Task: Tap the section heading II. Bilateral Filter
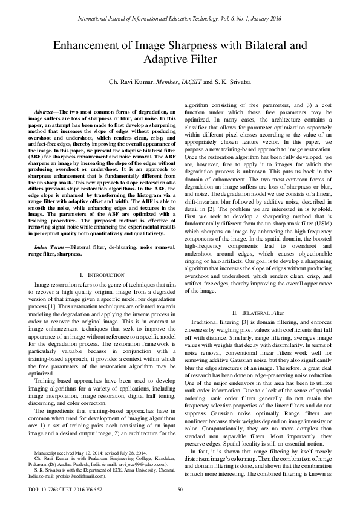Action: point(257,313)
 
